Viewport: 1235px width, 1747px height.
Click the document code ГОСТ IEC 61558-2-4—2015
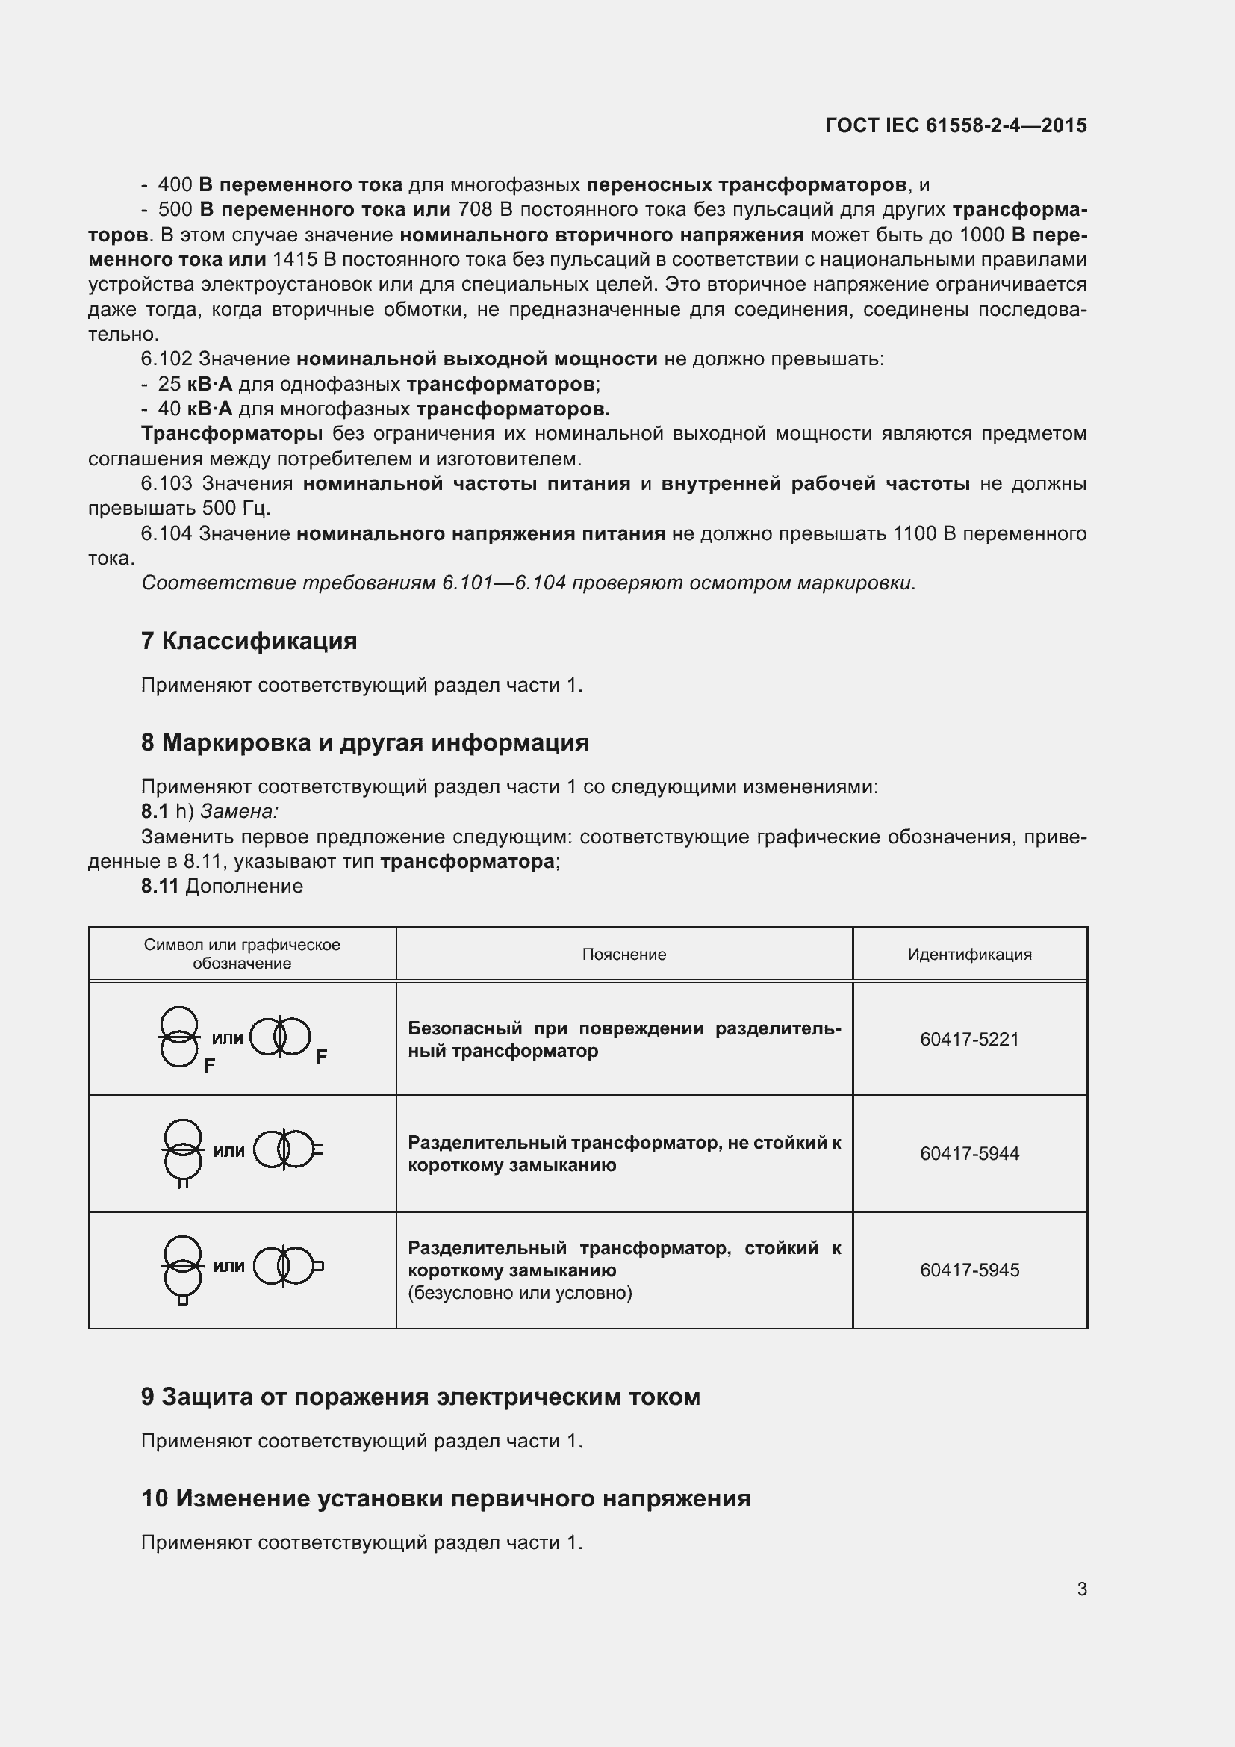(956, 125)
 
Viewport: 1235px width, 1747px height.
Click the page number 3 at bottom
(1081, 1589)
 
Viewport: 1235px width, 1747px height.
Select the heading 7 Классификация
(249, 641)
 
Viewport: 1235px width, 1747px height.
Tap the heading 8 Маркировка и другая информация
(364, 742)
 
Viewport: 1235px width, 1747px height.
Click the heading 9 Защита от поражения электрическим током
(420, 1397)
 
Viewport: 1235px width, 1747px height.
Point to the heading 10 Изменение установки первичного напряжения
(446, 1498)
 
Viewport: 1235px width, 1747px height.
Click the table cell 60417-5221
(969, 1040)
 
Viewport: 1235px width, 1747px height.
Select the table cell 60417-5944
(969, 1153)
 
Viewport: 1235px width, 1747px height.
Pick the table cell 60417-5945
(969, 1270)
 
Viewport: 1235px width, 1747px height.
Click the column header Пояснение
(623, 954)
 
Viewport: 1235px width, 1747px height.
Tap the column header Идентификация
(969, 954)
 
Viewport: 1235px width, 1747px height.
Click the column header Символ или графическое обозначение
(242, 954)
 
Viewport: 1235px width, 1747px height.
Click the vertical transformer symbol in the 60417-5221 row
(180, 1037)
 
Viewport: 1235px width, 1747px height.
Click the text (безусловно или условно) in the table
(520, 1293)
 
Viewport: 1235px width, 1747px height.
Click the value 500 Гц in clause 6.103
(235, 509)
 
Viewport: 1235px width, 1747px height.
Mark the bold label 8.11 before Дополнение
(159, 887)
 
